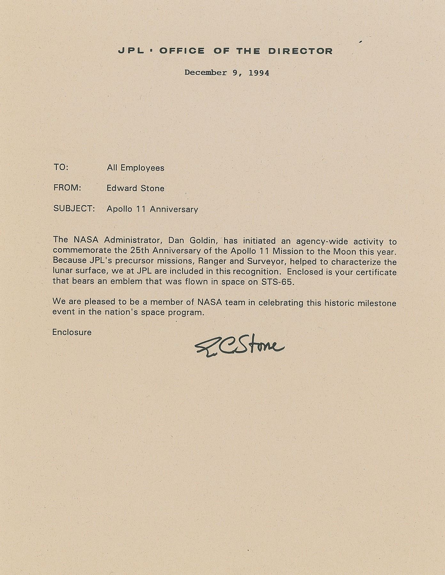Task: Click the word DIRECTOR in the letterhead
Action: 301,51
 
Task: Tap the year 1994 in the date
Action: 259,73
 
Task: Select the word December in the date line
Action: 206,73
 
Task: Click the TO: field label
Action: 61,167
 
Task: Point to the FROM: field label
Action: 67,188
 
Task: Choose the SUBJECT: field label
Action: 74,209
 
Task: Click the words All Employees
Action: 136,168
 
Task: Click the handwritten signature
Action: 239,348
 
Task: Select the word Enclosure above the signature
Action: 72,332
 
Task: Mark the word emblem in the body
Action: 124,282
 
